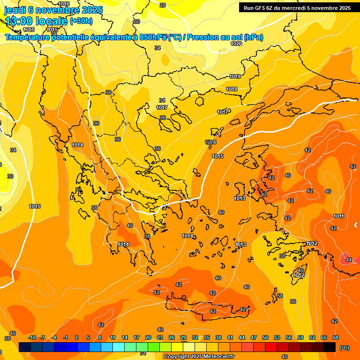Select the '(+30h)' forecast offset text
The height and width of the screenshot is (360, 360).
tap(81, 21)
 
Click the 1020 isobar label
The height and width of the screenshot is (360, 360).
tap(236, 44)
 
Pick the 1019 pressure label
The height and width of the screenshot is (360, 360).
tap(235, 76)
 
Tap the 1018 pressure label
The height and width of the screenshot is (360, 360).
tap(232, 89)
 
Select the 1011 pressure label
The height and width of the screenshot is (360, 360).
tap(338, 216)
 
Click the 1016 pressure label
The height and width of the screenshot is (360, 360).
tap(64, 4)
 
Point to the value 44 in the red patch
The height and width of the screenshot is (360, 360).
tap(348, 260)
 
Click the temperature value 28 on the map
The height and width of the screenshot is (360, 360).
tap(163, 5)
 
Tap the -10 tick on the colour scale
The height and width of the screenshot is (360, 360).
tap(32, 337)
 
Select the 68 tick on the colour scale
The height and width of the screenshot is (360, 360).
tap(336, 337)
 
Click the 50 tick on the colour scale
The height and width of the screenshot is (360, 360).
tap(265, 337)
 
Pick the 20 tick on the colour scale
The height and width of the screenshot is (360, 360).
tap(148, 337)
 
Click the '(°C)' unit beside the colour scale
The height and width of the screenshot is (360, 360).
tap(345, 348)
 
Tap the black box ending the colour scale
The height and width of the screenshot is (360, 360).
tap(330, 347)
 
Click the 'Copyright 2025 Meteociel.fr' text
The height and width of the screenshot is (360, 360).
tap(199, 357)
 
